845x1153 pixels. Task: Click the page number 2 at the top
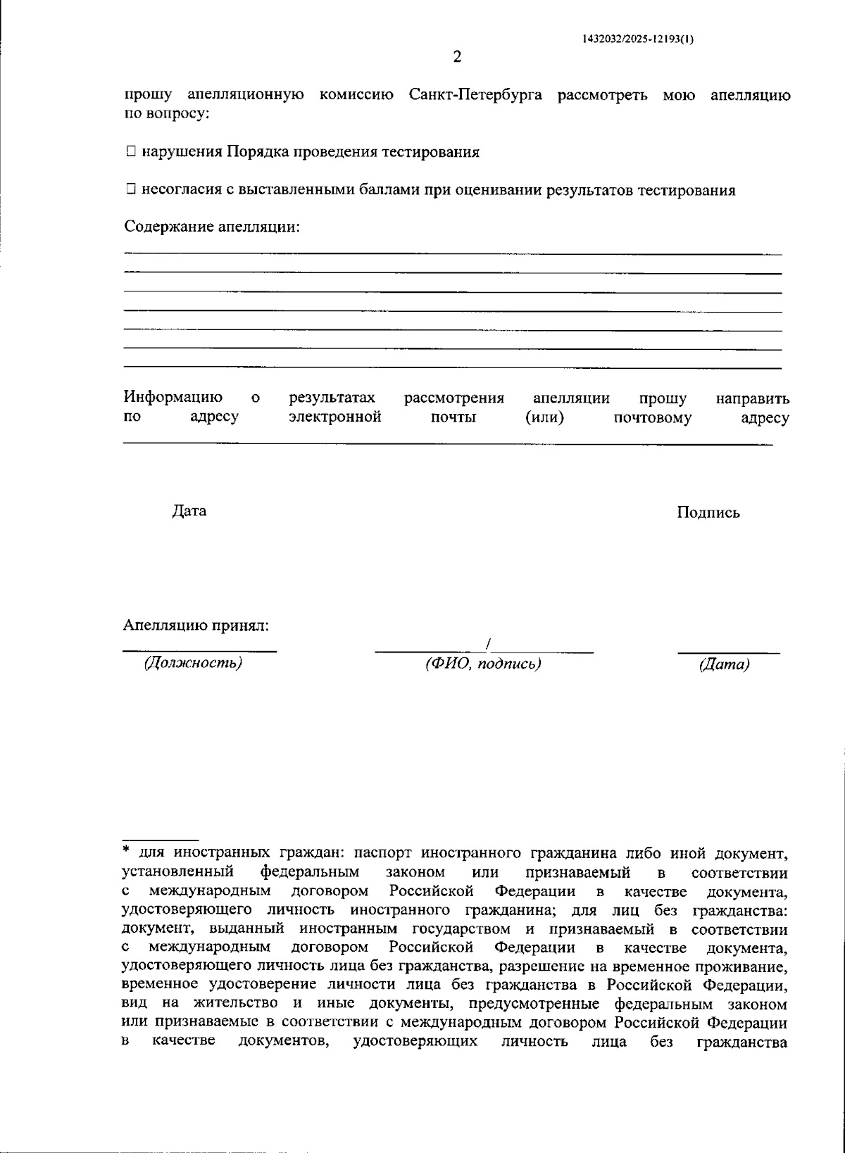pyautogui.click(x=456, y=57)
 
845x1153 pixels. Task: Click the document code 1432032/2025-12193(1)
pyautogui.click(x=638, y=39)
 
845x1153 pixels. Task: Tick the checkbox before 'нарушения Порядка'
pyautogui.click(x=131, y=151)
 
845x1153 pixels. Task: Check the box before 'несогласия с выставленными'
pyautogui.click(x=131, y=189)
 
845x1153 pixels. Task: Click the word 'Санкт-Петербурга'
pyautogui.click(x=475, y=95)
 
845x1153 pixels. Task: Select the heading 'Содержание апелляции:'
pyautogui.click(x=212, y=227)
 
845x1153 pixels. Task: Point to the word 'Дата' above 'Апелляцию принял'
pyautogui.click(x=189, y=510)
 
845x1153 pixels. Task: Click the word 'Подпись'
pyautogui.click(x=708, y=512)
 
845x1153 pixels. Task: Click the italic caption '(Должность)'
pyautogui.click(x=193, y=663)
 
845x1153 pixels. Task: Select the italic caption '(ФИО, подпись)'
pyautogui.click(x=483, y=664)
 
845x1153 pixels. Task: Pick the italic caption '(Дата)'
pyautogui.click(x=724, y=664)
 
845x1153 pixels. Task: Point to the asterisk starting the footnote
pyautogui.click(x=127, y=850)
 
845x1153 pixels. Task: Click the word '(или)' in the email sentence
pyautogui.click(x=544, y=417)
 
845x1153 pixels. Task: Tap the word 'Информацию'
pyautogui.click(x=173, y=398)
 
